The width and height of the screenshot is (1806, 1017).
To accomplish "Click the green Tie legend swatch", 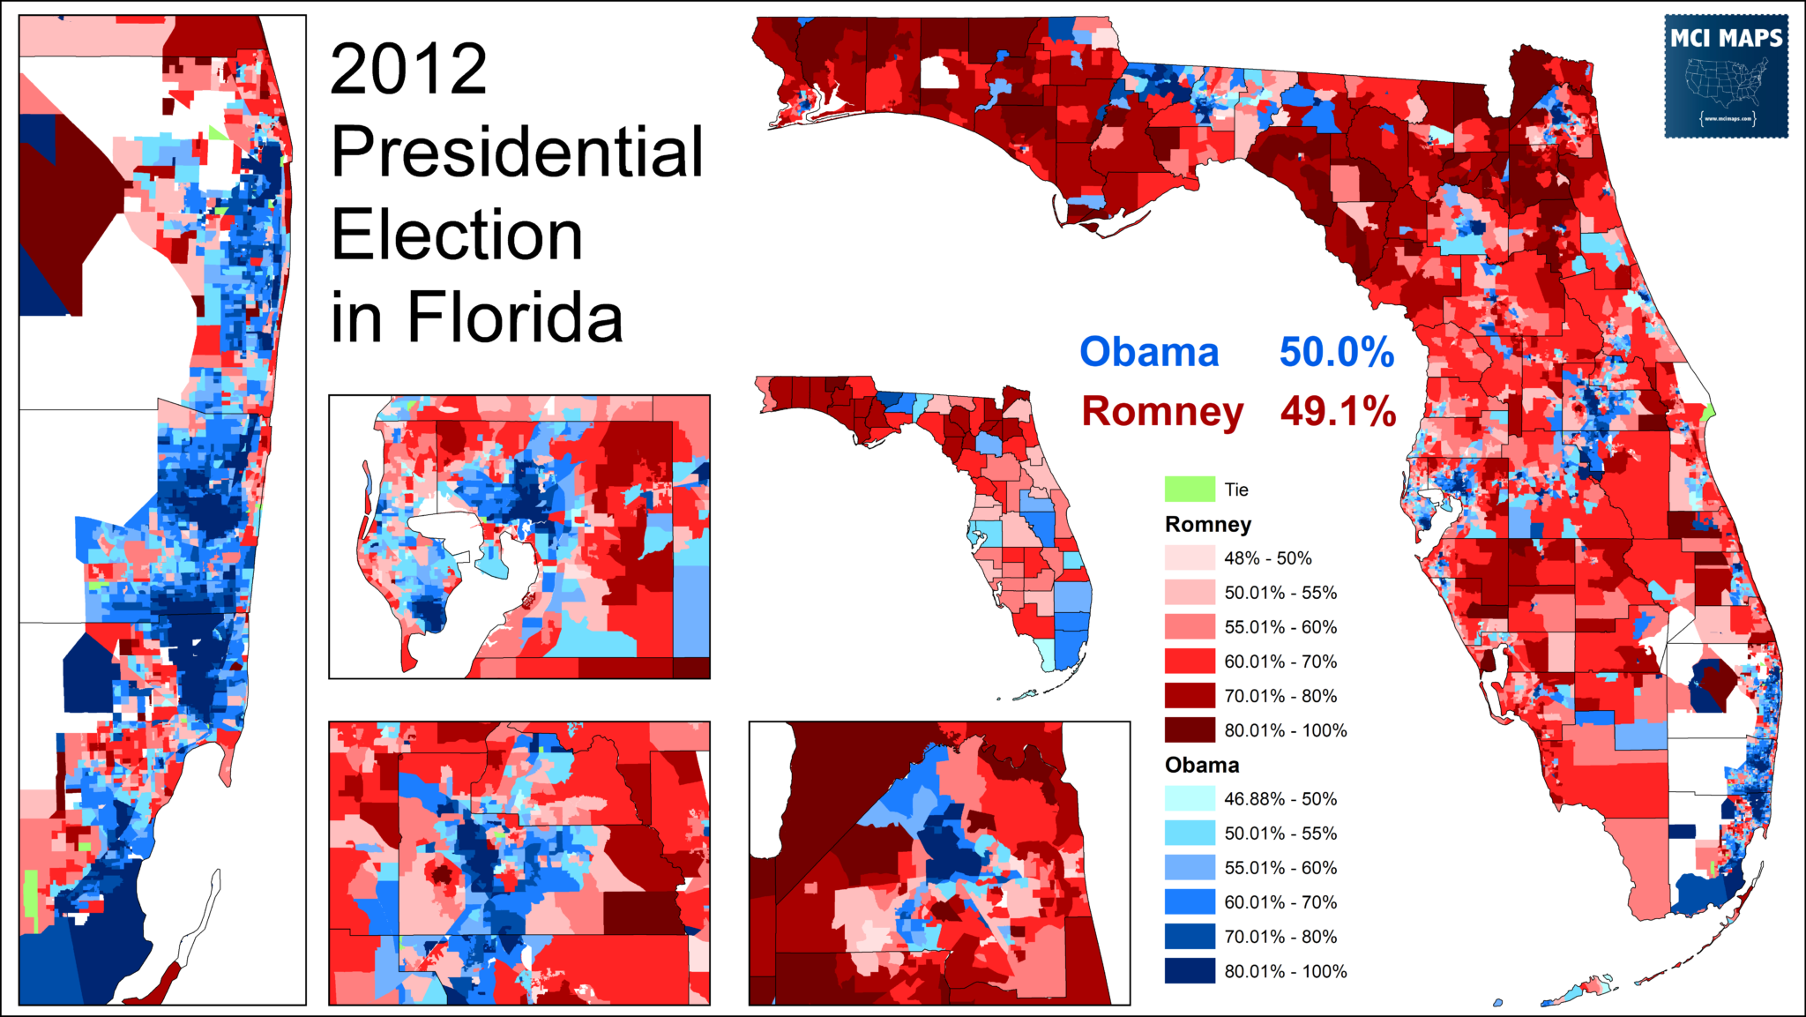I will pyautogui.click(x=1190, y=489).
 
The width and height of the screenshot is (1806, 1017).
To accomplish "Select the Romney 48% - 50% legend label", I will pyautogui.click(x=1267, y=558).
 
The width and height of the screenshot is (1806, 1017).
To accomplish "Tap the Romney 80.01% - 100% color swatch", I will pyautogui.click(x=1190, y=730).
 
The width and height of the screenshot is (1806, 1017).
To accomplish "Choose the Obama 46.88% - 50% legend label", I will pyautogui.click(x=1280, y=799).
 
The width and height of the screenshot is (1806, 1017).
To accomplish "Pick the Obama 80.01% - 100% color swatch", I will pyautogui.click(x=1190, y=971).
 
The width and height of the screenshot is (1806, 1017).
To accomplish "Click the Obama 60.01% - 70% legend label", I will pyautogui.click(x=1280, y=902).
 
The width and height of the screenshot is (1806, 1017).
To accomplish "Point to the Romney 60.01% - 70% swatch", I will pyautogui.click(x=1190, y=662).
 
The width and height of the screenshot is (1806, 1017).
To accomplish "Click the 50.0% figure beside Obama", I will pyautogui.click(x=1336, y=352).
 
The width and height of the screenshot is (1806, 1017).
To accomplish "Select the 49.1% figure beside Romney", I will pyautogui.click(x=1338, y=411).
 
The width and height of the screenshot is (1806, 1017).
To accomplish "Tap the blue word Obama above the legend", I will pyautogui.click(x=1149, y=352).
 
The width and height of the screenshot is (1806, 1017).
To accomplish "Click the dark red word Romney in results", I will pyautogui.click(x=1162, y=411).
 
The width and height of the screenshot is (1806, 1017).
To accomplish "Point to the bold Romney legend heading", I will pyautogui.click(x=1207, y=525).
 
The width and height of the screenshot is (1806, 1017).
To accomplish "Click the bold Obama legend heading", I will pyautogui.click(x=1201, y=766).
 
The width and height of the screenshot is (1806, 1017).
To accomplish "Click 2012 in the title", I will pyautogui.click(x=408, y=70).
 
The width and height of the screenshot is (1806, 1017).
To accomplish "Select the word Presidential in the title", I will pyautogui.click(x=517, y=152).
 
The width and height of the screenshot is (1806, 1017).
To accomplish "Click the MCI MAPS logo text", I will pyautogui.click(x=1726, y=39).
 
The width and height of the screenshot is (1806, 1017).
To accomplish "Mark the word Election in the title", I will pyautogui.click(x=457, y=236).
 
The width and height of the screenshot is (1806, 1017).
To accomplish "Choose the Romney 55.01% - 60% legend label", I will pyautogui.click(x=1280, y=627).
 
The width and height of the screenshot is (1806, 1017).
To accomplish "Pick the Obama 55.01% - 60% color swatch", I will pyautogui.click(x=1190, y=868).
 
